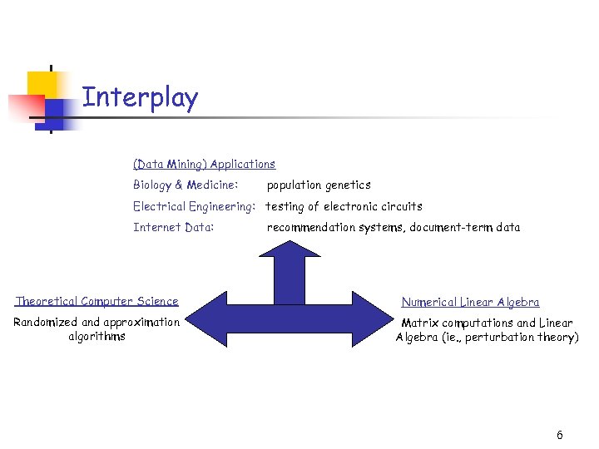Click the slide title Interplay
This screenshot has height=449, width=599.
coord(140,98)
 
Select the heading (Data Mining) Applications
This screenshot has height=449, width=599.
coord(204,165)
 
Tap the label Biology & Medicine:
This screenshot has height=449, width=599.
coord(186,185)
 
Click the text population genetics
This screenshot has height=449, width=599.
coord(319,185)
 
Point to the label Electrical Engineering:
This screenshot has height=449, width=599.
coord(194,206)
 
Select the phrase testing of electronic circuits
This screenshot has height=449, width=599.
coord(344,206)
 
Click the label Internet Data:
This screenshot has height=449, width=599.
coord(174,227)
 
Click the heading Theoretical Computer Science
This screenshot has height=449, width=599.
coord(97,301)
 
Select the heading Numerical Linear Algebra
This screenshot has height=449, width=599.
coord(470,302)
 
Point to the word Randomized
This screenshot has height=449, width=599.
coord(46,322)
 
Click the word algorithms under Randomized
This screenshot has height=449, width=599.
coord(97,337)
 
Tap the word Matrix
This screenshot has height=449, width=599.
coord(420,323)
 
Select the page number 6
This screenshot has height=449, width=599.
coord(559,436)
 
